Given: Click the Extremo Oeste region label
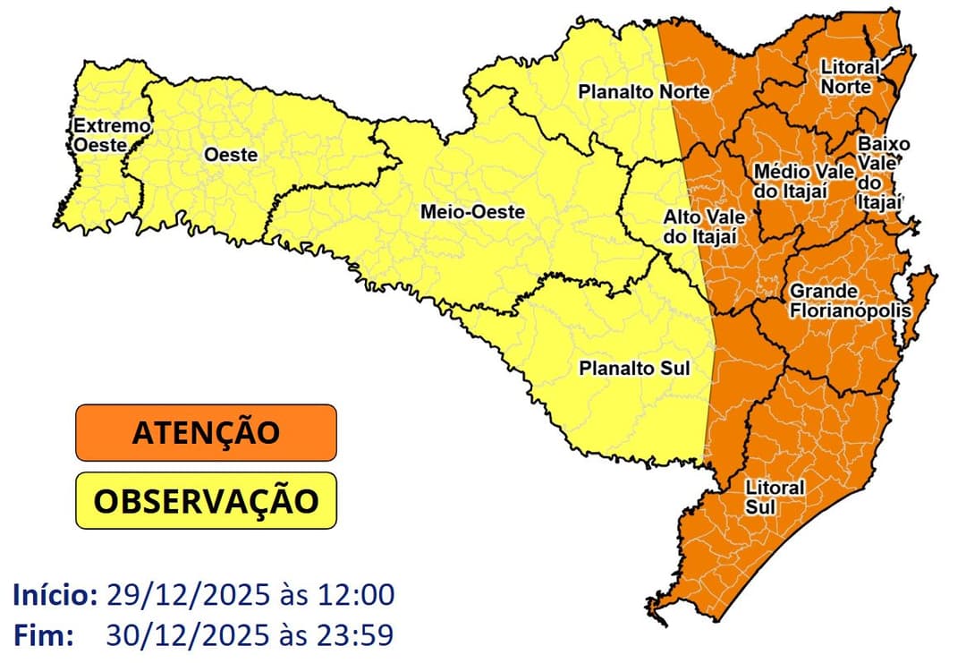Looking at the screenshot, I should [99, 135].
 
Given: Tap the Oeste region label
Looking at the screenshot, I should [231, 155].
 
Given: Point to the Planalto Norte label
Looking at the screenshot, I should [643, 91].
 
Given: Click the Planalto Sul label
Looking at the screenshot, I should [634, 368].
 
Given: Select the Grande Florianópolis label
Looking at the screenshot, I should [849, 302].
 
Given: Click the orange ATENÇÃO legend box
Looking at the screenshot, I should [206, 432].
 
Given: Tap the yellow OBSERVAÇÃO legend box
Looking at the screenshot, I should [206, 501].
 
